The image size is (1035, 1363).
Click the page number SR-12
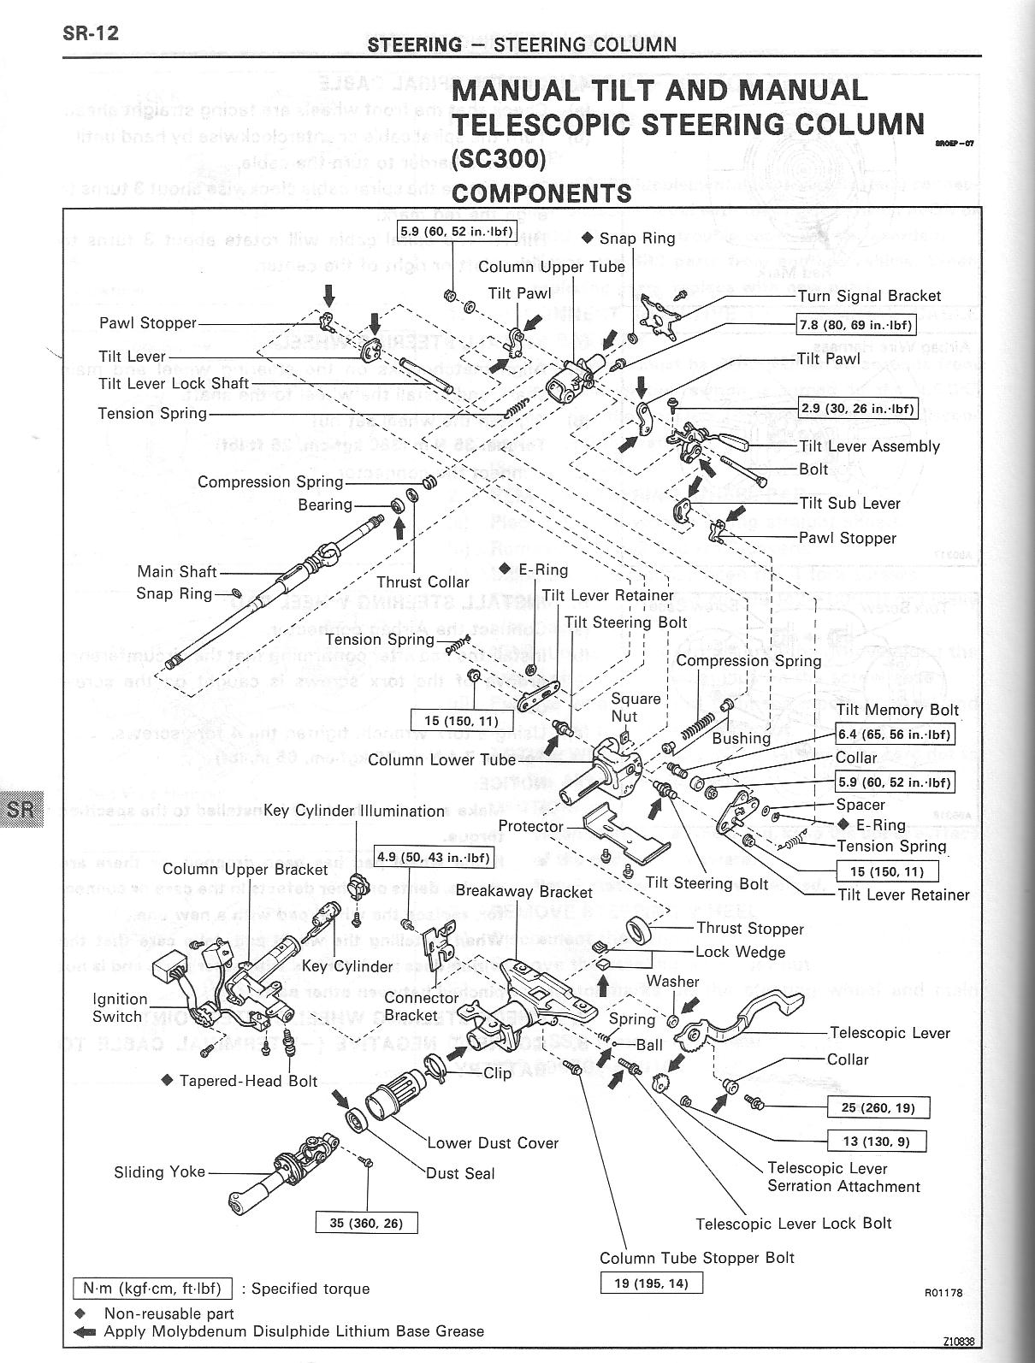(x=90, y=34)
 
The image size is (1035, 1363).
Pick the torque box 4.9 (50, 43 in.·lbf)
(x=435, y=858)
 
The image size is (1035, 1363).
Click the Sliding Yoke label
(x=160, y=1171)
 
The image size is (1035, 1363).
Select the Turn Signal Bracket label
(x=869, y=296)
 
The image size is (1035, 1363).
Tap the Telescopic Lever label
(x=890, y=1033)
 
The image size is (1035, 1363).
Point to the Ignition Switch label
(x=120, y=1007)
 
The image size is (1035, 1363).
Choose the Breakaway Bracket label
(x=523, y=891)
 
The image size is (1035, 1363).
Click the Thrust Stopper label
(x=750, y=929)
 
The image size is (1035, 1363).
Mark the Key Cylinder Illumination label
(x=354, y=811)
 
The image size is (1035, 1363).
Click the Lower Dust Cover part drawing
(x=391, y=1104)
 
